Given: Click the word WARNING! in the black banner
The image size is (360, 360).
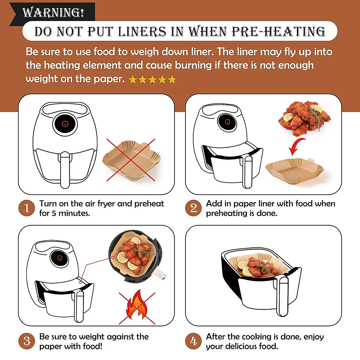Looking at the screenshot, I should (53, 12).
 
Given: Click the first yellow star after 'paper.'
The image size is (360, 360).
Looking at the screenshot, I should (133, 80).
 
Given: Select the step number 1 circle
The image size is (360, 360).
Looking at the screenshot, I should (27, 208).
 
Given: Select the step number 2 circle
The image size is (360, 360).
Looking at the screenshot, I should (193, 208).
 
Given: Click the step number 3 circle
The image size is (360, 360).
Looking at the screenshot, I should (27, 341).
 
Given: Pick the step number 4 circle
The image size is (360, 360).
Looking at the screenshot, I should (193, 341).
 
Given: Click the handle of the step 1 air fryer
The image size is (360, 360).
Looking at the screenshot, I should (65, 169).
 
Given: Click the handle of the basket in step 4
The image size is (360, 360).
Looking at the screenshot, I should (282, 295).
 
